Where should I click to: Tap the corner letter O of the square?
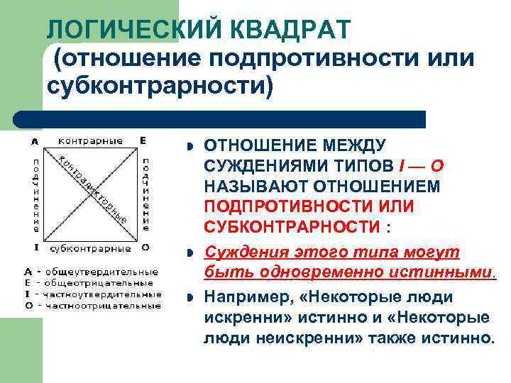pos(145,248)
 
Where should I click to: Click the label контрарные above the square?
pos(89,140)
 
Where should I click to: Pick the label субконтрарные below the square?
pos(90,248)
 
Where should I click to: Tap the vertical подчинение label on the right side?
pos(145,195)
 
